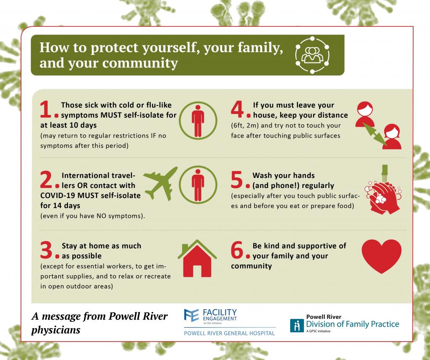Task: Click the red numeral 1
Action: coord(45,109)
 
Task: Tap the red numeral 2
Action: coord(46,180)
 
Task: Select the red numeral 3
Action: coord(46,250)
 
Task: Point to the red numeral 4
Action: coord(237,109)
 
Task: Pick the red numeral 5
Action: coord(237,180)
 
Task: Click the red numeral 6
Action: coord(237,250)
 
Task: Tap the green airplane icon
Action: coord(161,183)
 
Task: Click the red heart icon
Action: coord(381,256)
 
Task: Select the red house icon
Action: coord(197,258)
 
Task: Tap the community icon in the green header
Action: coord(312,55)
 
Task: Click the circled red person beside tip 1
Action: coord(198,120)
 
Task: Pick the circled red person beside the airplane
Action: coord(198,185)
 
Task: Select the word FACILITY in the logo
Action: coord(220,312)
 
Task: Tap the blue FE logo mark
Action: coord(191,315)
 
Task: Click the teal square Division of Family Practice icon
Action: coord(297,326)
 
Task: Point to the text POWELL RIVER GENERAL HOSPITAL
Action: coord(229,334)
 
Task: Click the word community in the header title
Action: coord(140,63)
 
